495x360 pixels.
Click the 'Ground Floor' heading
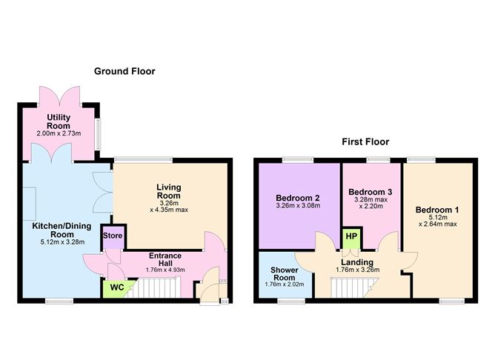(124, 71)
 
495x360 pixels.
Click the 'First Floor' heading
(365, 141)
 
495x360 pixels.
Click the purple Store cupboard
(113, 236)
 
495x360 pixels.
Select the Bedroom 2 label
(297, 198)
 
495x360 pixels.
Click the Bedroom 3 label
(370, 191)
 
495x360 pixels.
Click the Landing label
(356, 261)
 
